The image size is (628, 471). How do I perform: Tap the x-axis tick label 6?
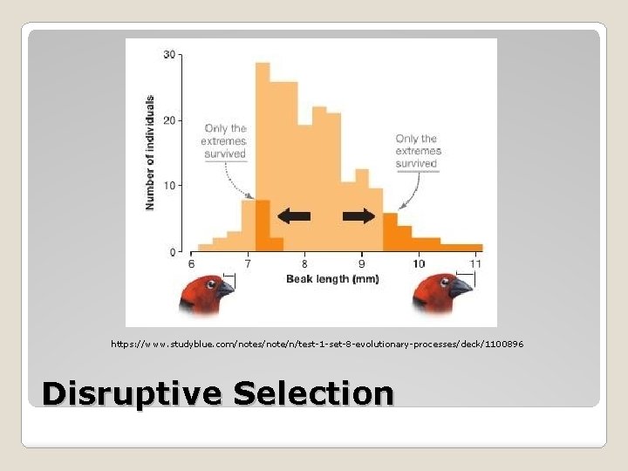click(x=191, y=263)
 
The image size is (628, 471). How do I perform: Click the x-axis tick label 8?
click(x=304, y=263)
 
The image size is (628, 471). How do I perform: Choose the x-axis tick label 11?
click(x=475, y=263)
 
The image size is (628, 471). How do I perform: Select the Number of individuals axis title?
click(x=150, y=153)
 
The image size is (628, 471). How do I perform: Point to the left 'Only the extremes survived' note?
click(x=225, y=141)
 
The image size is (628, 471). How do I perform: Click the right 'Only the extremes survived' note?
click(x=418, y=151)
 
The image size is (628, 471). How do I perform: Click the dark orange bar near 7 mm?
click(x=262, y=225)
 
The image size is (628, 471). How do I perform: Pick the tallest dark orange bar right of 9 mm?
click(x=390, y=232)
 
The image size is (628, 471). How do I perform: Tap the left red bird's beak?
click(x=225, y=288)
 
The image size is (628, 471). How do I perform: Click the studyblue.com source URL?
click(x=317, y=345)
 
